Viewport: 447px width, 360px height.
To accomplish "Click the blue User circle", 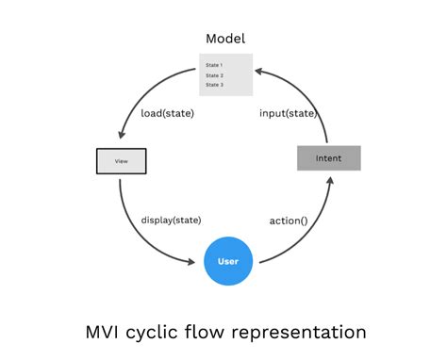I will pyautogui.click(x=228, y=260).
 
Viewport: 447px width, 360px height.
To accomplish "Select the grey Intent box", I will pyautogui.click(x=328, y=158).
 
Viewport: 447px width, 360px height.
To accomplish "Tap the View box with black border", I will pyautogui.click(x=122, y=161).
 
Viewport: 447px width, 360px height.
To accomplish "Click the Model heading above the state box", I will pyautogui.click(x=225, y=39).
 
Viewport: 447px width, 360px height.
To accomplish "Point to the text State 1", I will pyautogui.click(x=214, y=65).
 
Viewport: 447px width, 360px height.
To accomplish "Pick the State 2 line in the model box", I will pyautogui.click(x=214, y=75).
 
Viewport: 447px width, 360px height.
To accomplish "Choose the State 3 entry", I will pyautogui.click(x=214, y=85).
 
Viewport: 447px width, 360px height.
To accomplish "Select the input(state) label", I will pyautogui.click(x=287, y=113).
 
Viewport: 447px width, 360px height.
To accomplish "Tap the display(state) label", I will pyautogui.click(x=172, y=220).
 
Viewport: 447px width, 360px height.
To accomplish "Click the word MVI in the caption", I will pyautogui.click(x=101, y=332).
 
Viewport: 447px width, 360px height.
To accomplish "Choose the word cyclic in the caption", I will pyautogui.click(x=157, y=332).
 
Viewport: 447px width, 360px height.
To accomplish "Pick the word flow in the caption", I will pyautogui.click(x=211, y=332).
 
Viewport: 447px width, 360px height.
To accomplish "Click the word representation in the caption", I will pyautogui.click(x=300, y=332).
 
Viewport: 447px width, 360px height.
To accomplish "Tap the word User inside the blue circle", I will pyautogui.click(x=228, y=261).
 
